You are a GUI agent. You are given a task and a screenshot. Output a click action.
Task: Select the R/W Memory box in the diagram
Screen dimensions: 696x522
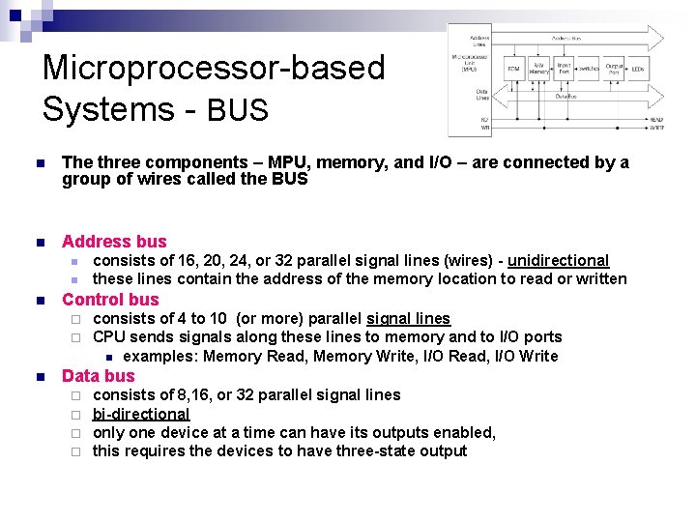pos(538,69)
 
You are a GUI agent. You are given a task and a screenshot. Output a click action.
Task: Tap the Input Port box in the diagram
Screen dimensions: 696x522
pos(563,69)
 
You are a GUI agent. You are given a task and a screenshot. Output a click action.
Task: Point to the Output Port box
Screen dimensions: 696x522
pos(613,69)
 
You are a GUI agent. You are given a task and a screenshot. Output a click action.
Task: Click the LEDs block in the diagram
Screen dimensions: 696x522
pos(638,69)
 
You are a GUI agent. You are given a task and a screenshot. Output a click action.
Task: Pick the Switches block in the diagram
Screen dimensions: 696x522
pos(588,69)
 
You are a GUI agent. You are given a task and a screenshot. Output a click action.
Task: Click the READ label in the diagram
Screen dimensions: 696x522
pos(656,120)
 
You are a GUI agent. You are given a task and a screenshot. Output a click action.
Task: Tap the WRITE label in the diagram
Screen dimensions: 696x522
pos(656,128)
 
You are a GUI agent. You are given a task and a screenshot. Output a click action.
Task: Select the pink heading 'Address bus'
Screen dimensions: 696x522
pos(114,242)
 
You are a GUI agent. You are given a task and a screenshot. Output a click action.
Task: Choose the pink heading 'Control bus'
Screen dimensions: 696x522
pos(110,300)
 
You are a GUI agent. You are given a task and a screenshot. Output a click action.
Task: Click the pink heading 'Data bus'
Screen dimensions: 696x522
pos(99,376)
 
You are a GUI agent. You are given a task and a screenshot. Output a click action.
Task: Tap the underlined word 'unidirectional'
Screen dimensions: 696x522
pos(558,261)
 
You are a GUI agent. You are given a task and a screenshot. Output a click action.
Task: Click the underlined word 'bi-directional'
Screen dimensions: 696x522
pos(141,414)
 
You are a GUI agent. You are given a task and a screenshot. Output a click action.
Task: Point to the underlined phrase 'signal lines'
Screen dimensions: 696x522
pos(408,319)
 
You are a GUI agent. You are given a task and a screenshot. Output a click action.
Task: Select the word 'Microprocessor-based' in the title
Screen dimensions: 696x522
pos(214,69)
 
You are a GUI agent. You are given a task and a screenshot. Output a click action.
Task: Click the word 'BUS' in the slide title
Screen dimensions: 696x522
pos(236,110)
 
